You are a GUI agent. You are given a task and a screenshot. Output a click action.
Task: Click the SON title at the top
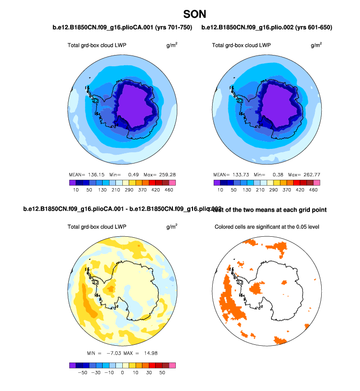194,14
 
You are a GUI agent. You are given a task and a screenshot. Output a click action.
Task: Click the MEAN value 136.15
94,174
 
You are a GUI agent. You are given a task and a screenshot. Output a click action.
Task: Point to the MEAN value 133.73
239,174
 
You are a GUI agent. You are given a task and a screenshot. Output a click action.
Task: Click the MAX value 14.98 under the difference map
147,353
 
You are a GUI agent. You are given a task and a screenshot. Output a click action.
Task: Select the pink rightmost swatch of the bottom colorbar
172,365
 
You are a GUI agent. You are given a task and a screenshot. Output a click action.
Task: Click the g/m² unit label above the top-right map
316,45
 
